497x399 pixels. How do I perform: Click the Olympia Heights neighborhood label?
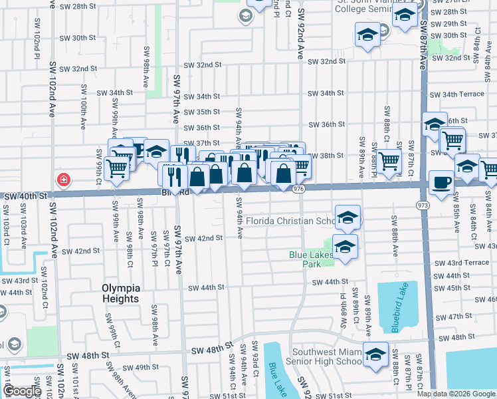121,293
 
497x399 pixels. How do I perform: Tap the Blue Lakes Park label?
305,259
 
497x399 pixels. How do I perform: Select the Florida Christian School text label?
290,221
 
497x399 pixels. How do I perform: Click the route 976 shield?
298,190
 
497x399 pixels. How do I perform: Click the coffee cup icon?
441,183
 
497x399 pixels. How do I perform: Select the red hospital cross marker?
63,180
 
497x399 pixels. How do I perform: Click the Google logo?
22,391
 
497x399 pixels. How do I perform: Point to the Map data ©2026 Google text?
456,394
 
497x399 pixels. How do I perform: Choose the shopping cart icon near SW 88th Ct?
389,160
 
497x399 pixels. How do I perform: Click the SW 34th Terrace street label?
458,94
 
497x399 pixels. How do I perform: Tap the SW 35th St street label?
201,112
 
